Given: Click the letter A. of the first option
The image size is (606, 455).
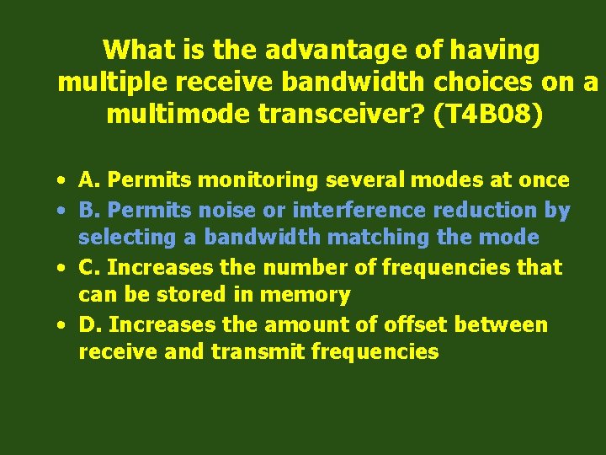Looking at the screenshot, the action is point(90,179).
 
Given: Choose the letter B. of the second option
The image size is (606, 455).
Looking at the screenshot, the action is point(89,210).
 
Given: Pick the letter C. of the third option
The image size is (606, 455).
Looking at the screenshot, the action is point(90,267).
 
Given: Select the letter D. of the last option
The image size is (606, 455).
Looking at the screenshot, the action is point(90,324).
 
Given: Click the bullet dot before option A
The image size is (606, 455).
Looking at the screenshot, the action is point(62,180).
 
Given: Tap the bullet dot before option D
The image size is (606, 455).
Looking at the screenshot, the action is point(62,325).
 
